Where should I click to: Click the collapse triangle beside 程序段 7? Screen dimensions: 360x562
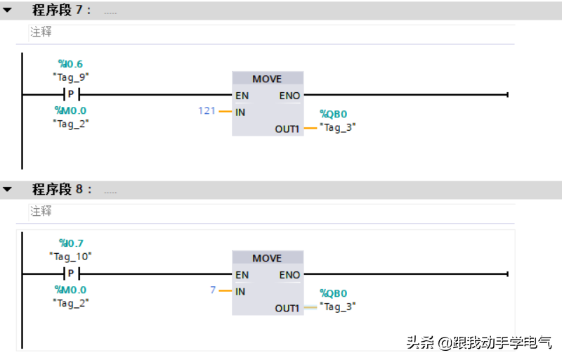pyautogui.click(x=8, y=11)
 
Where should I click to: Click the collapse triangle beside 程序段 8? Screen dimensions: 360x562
pyautogui.click(x=8, y=190)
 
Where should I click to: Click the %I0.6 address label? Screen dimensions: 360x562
pyautogui.click(x=70, y=64)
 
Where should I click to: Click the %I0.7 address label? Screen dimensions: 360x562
pyautogui.click(x=71, y=243)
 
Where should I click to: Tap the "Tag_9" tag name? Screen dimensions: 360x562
pyautogui.click(x=70, y=77)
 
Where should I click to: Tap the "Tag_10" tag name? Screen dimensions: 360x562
pyautogui.click(x=70, y=257)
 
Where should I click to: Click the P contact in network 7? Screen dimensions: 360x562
pyautogui.click(x=70, y=94)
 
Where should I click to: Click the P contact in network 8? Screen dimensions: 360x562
pyautogui.click(x=70, y=274)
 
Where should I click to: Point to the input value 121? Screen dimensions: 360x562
pyautogui.click(x=207, y=111)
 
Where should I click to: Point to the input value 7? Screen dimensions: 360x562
pyautogui.click(x=213, y=290)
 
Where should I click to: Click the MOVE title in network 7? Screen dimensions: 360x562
pyautogui.click(x=267, y=79)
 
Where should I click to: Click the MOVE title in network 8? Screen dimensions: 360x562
pyautogui.click(x=267, y=258)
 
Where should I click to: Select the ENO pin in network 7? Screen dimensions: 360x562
pyautogui.click(x=289, y=95)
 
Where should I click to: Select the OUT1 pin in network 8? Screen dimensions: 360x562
pyautogui.click(x=287, y=308)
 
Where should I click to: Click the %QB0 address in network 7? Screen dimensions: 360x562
pyautogui.click(x=334, y=114)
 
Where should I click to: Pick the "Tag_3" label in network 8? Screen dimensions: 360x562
pyautogui.click(x=338, y=307)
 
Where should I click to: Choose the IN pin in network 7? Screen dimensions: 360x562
pyautogui.click(x=240, y=112)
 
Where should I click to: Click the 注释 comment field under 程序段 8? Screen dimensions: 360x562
pyautogui.click(x=41, y=211)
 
